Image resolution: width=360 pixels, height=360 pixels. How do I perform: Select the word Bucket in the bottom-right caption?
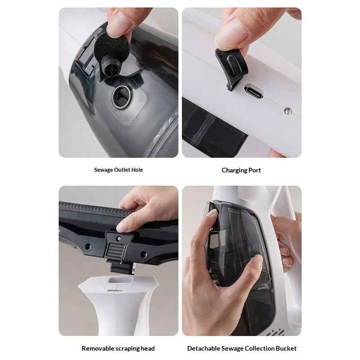(x=286, y=348)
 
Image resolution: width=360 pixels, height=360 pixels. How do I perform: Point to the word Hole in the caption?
(x=136, y=170)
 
